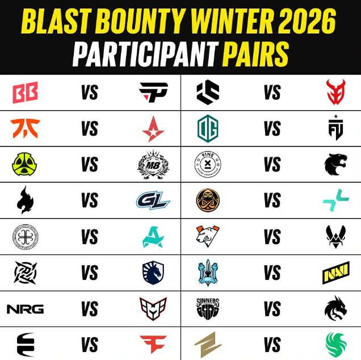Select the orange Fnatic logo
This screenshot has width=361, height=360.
point(25,129)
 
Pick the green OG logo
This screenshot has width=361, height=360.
point(207,129)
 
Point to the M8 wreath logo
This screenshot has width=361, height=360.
point(153,165)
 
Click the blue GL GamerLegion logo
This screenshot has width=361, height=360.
point(153,201)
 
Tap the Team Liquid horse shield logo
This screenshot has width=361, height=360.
point(153,273)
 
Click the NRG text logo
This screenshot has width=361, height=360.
point(25,309)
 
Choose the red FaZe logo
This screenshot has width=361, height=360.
point(153,344)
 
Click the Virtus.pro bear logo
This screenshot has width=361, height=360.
point(207,237)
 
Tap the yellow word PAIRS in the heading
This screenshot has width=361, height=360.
point(255,55)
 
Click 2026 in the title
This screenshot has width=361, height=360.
point(305,23)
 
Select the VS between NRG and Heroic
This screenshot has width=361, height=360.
point(89,309)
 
